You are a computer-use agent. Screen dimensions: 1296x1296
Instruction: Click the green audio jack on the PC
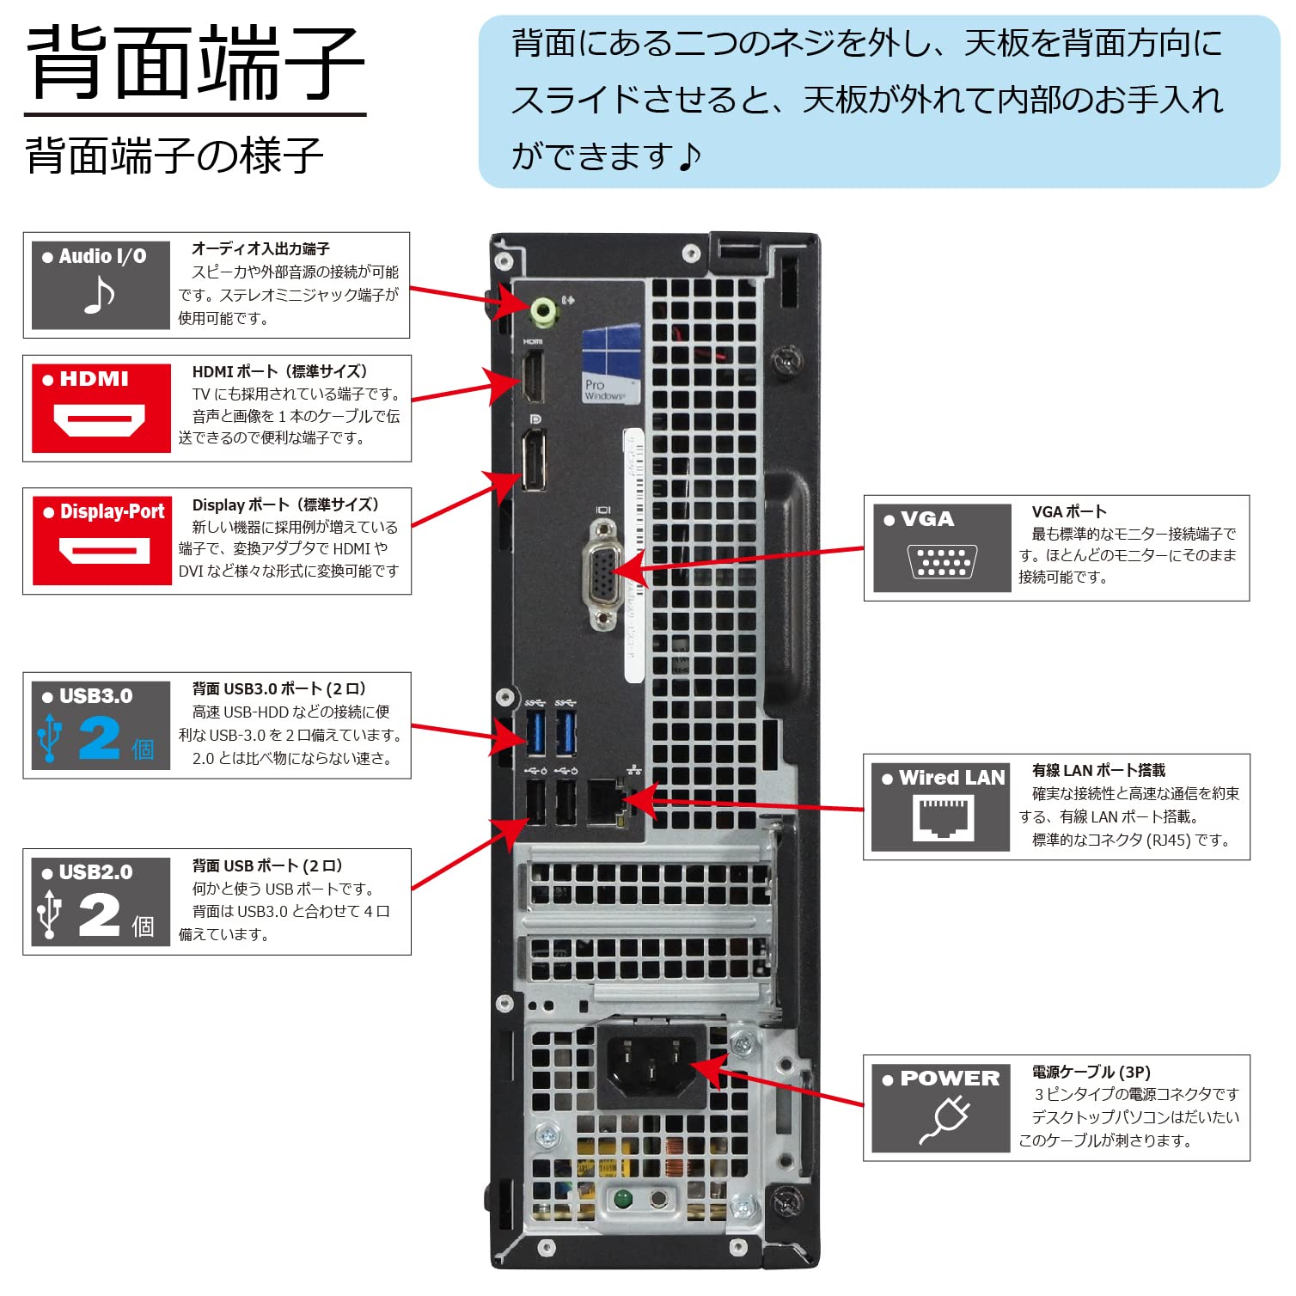coord(544,311)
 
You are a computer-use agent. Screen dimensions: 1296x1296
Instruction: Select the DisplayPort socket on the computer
coord(533,460)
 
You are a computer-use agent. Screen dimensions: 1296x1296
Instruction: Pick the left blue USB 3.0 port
coord(535,731)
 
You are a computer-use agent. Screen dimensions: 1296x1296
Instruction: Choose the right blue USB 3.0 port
coord(565,731)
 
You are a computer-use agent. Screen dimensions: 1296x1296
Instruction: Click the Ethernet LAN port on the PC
coord(605,800)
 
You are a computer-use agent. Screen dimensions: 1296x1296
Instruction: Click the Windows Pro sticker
coord(611,364)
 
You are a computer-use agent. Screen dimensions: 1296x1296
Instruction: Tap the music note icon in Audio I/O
coord(99,296)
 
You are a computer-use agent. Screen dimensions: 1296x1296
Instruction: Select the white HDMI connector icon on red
coord(99,420)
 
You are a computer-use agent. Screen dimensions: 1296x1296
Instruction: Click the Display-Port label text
coord(112,511)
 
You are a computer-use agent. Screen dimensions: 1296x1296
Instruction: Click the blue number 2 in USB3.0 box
coord(100,738)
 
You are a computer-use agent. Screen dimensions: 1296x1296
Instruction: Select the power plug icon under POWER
coord(944,1121)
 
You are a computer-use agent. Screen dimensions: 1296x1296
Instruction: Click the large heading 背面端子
coord(196,62)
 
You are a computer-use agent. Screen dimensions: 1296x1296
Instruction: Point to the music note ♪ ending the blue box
coord(688,156)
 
